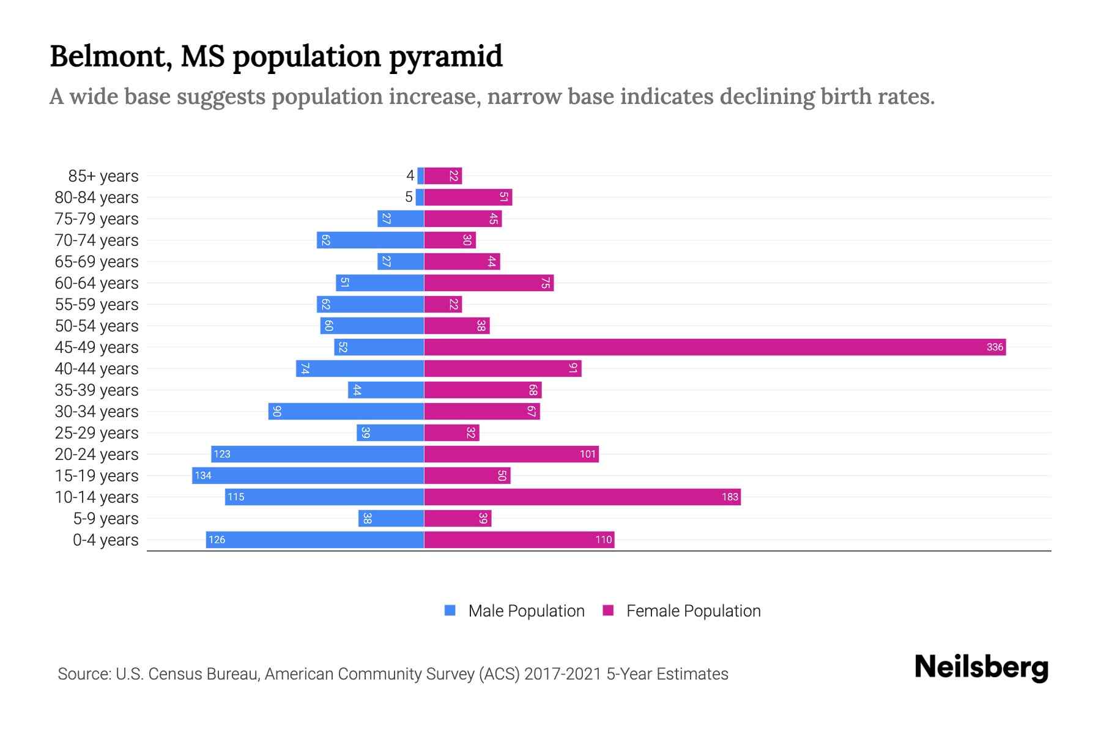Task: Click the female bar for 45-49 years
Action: coord(714,347)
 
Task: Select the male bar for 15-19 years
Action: coord(308,476)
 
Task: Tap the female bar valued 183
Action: coord(582,497)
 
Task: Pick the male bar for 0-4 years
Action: coord(314,540)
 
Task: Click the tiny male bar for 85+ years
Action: coord(421,176)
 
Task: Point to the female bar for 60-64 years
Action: coord(488,283)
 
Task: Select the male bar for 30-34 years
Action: coord(346,412)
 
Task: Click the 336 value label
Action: coord(995,347)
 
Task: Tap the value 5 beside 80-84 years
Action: coord(409,198)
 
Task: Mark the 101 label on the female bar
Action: coord(587,454)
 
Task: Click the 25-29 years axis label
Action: coord(97,433)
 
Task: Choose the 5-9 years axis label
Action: coord(105,519)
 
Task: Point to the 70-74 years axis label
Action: coord(97,240)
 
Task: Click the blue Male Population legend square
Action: coord(450,610)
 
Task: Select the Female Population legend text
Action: coord(693,611)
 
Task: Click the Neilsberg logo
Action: coord(981,667)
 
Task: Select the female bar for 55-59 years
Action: coord(442,305)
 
